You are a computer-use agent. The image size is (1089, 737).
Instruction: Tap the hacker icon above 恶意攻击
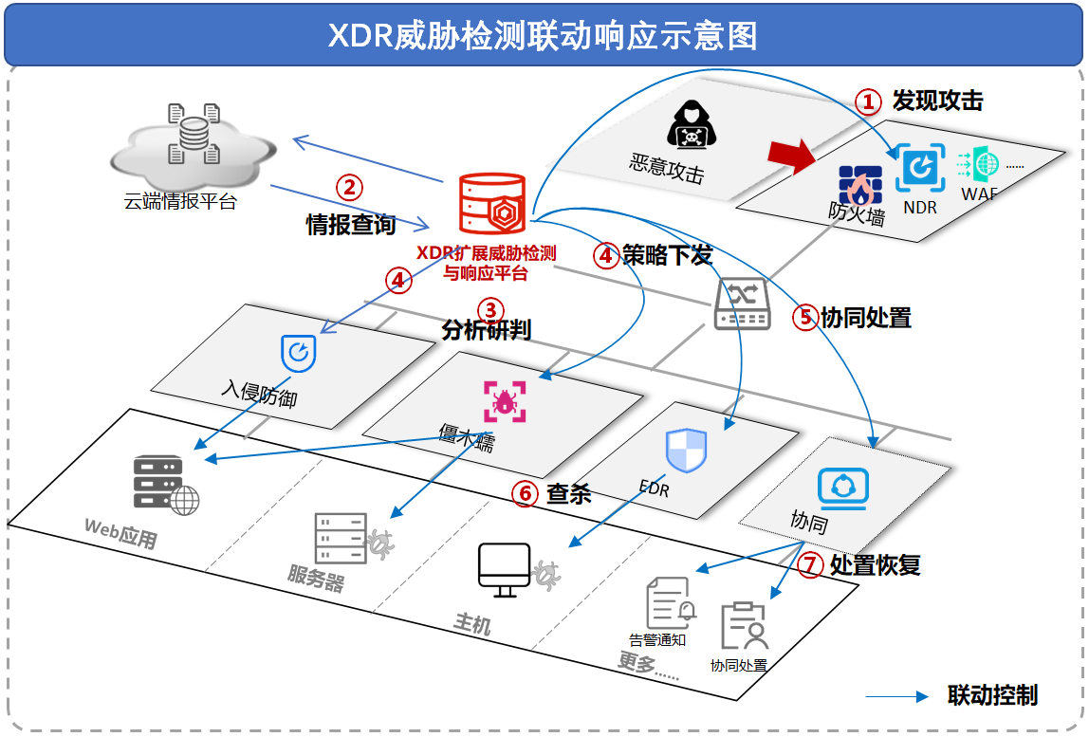pyautogui.click(x=692, y=123)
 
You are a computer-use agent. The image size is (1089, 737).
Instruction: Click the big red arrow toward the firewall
pyautogui.click(x=792, y=155)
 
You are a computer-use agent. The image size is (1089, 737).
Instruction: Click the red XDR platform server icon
pyautogui.click(x=491, y=203)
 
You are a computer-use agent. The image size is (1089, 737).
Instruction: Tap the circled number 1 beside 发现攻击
pyautogui.click(x=869, y=101)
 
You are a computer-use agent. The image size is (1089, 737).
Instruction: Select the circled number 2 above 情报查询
pyautogui.click(x=350, y=188)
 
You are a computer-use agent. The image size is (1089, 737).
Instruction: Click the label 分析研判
pyautogui.click(x=486, y=331)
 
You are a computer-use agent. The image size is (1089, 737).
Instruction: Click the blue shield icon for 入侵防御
pyautogui.click(x=298, y=353)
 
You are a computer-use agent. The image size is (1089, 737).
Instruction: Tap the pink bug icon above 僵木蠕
pyautogui.click(x=504, y=400)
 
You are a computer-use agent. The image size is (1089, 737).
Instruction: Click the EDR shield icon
pyautogui.click(x=686, y=450)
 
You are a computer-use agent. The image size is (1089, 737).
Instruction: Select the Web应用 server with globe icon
pyautogui.click(x=165, y=484)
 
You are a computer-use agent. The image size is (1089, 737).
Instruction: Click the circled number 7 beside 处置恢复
pyautogui.click(x=809, y=566)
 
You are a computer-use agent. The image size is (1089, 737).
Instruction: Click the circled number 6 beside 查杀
pyautogui.click(x=525, y=493)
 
